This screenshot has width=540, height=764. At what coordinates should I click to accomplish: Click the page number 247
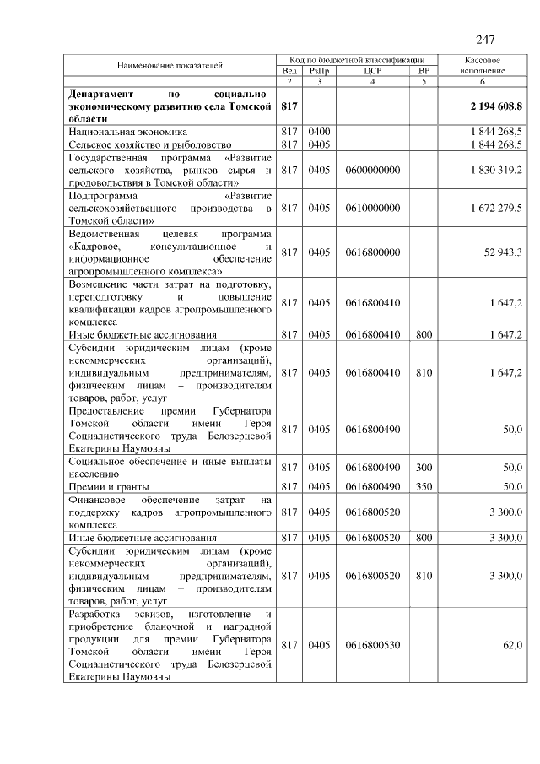coord(484,40)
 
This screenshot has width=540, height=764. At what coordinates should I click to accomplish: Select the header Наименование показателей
coord(170,65)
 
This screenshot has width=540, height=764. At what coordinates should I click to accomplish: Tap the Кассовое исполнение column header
coord(483,66)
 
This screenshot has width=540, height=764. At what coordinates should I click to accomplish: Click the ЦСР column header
coord(373,71)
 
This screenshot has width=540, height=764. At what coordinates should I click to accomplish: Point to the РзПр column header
coord(319,71)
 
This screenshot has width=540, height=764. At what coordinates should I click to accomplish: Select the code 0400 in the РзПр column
coord(319,132)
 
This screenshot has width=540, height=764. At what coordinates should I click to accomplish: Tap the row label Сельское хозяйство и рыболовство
coord(144,144)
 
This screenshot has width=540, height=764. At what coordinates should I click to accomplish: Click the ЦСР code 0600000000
coord(373,170)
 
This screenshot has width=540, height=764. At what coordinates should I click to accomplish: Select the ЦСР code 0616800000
coord(373,252)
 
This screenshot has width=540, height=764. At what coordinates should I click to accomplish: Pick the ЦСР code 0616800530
coord(373,645)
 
